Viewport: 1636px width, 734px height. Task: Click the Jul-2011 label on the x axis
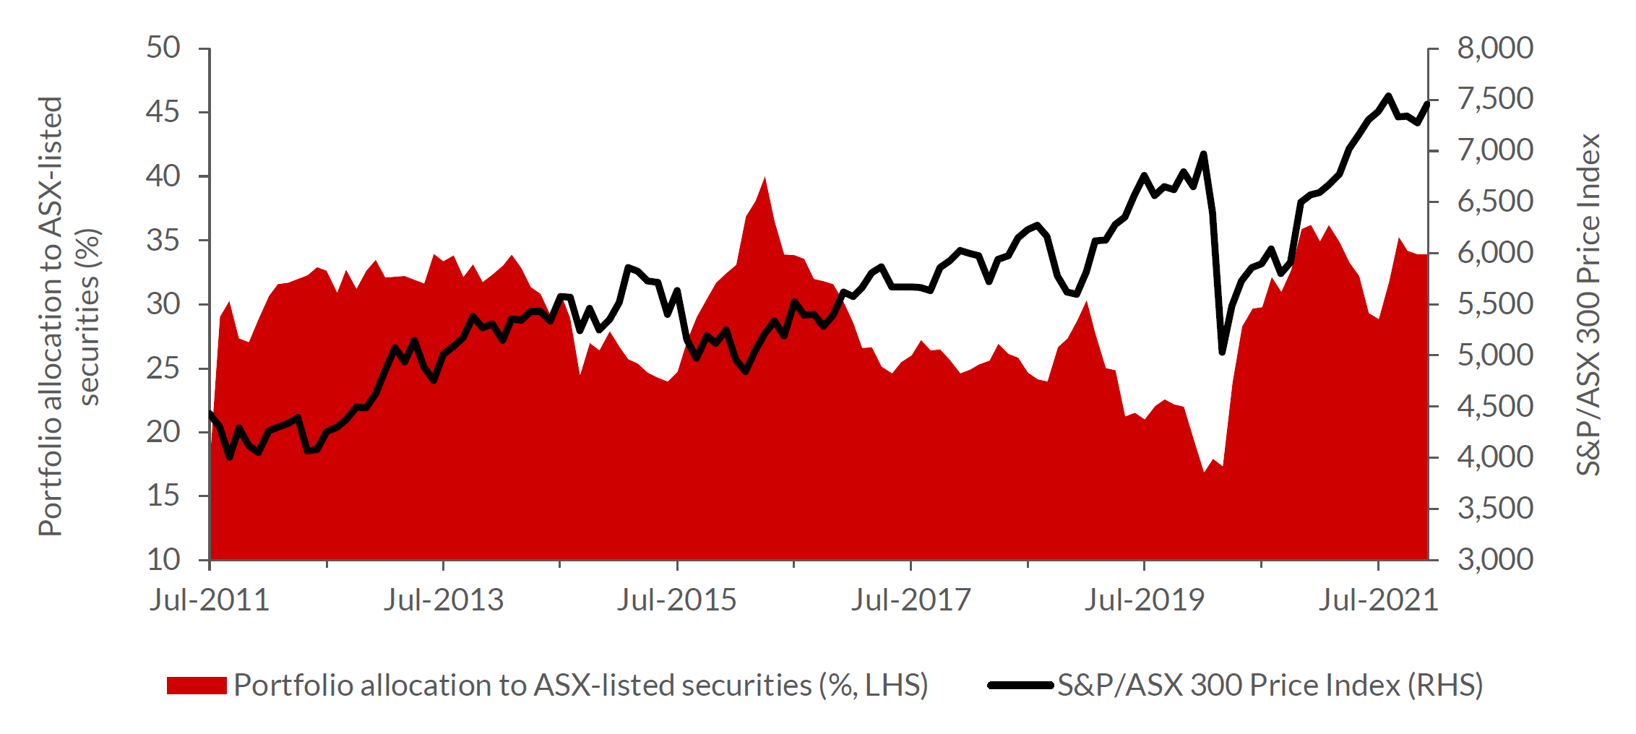coord(209,600)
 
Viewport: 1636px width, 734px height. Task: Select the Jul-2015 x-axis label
coord(676,600)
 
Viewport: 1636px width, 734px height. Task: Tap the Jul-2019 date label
coord(1144,600)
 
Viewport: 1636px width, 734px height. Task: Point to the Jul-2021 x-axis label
coord(1378,600)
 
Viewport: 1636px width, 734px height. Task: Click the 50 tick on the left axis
coord(163,48)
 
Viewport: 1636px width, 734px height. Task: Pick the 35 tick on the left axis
coord(163,241)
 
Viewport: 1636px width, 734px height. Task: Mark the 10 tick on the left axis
coord(163,559)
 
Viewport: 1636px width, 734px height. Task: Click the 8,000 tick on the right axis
coord(1494,48)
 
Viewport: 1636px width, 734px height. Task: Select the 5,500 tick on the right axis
coord(1494,304)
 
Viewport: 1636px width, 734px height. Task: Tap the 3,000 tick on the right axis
coord(1494,559)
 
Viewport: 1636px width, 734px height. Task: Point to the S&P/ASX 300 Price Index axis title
coord(1588,304)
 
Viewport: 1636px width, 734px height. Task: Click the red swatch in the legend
coord(197,685)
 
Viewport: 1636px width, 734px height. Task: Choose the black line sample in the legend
coord(1020,685)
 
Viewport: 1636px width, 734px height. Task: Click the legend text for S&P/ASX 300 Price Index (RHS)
coord(1270,685)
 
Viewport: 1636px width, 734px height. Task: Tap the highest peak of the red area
coord(765,178)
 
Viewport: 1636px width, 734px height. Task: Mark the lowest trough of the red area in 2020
coord(1204,472)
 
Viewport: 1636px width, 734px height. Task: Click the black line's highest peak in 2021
coord(1388,95)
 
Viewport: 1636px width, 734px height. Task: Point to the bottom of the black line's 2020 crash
coord(1223,352)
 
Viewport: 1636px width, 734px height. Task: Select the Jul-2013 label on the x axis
coord(443,600)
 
